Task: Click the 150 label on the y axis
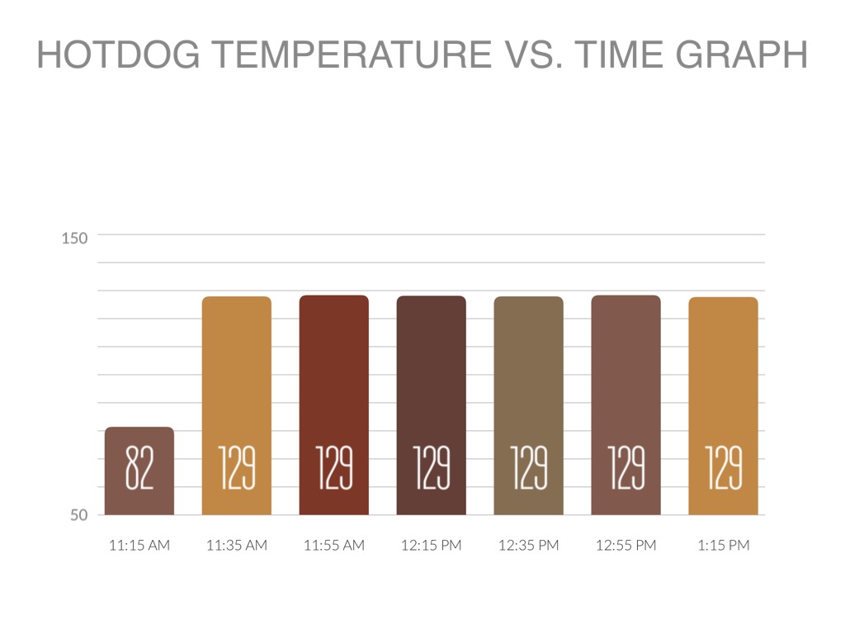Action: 74,239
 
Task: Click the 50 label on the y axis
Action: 79,516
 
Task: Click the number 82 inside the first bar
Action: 139,467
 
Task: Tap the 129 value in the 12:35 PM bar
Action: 529,467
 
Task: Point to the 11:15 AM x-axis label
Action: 139,546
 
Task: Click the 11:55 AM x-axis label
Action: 334,546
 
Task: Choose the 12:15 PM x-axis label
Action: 432,546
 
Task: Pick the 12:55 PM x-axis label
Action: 626,546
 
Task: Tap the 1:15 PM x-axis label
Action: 724,546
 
